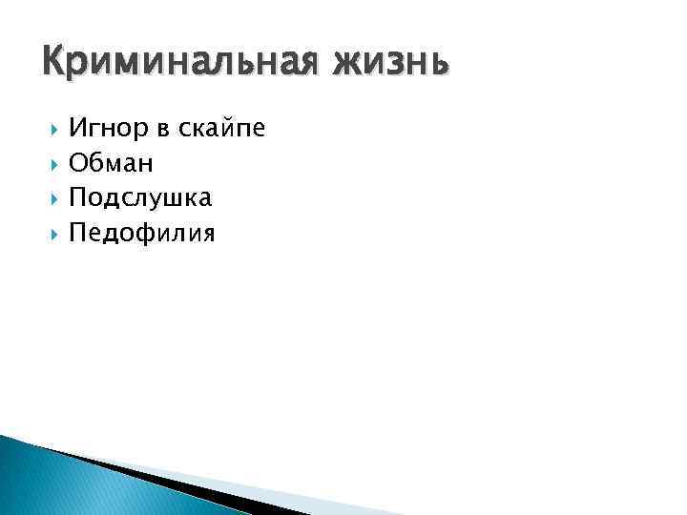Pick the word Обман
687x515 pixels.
coord(111,164)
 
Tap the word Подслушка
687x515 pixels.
coord(140,198)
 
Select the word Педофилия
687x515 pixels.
coord(142,233)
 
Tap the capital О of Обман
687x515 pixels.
coord(78,164)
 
